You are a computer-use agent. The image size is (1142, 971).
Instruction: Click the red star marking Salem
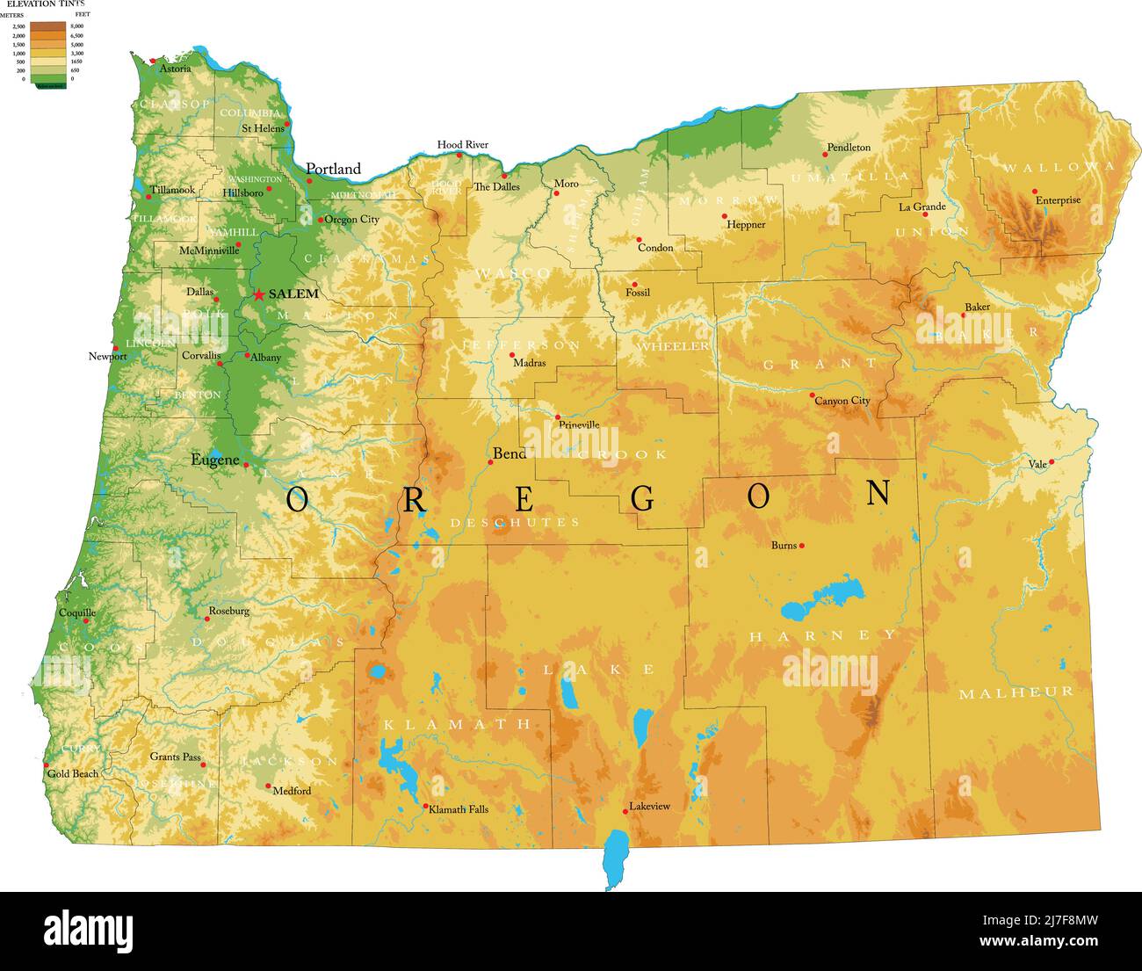click(259, 295)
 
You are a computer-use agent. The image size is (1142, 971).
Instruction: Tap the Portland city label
click(333, 169)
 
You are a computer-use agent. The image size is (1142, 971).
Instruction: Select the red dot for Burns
click(802, 546)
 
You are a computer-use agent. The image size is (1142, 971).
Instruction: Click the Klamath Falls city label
click(458, 809)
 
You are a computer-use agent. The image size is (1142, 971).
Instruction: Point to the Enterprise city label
click(1058, 200)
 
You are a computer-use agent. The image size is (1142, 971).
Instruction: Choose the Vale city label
click(1037, 464)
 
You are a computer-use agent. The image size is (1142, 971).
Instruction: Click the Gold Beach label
click(73, 774)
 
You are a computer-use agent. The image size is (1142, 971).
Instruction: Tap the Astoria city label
click(175, 69)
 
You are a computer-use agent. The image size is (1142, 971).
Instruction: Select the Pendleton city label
click(849, 148)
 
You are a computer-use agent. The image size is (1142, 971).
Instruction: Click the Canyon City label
click(842, 401)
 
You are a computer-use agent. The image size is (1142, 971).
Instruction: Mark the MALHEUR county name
click(1016, 692)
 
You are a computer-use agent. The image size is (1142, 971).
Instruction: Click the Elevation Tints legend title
click(46, 4)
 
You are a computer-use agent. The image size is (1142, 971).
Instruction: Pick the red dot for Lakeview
click(625, 810)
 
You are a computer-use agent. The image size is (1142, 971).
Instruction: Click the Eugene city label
click(214, 460)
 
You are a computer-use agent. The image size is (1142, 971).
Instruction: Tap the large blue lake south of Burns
click(821, 598)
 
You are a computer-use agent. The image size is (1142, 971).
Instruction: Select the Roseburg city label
click(228, 611)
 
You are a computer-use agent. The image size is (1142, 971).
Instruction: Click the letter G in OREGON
click(643, 499)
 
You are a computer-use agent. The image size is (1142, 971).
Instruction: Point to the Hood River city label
click(462, 145)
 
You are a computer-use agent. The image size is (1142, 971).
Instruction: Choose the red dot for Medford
click(268, 786)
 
